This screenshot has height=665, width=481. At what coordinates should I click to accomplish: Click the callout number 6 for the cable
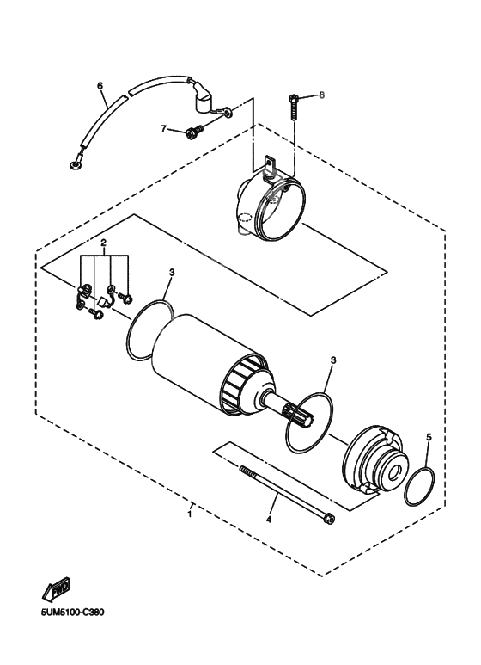coord(100,85)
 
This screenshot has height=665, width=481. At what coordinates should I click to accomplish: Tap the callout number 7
coord(163,128)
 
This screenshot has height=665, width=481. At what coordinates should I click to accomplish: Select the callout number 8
coord(323,95)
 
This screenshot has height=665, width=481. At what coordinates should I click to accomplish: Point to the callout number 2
coord(103,243)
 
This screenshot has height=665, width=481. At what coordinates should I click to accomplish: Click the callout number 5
coord(429,437)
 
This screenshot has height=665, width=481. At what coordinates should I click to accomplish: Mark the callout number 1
coord(189,514)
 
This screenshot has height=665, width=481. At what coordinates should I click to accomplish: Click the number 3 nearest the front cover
coord(332,360)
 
